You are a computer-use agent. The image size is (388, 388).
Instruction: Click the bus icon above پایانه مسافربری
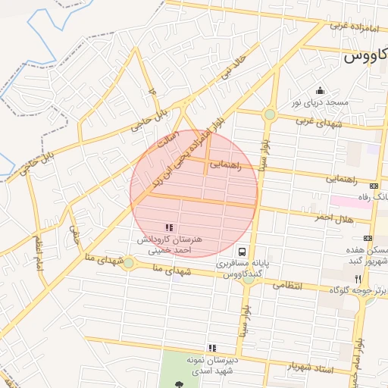tap(241, 252)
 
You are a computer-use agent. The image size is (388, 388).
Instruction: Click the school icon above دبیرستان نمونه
tap(213, 348)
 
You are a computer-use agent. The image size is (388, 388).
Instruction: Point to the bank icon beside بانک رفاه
tap(374, 186)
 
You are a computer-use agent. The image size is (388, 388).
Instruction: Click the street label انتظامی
tap(286, 286)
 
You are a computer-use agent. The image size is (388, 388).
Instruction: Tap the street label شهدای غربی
tap(315, 122)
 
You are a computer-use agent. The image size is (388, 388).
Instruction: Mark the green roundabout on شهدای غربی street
tap(270, 114)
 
